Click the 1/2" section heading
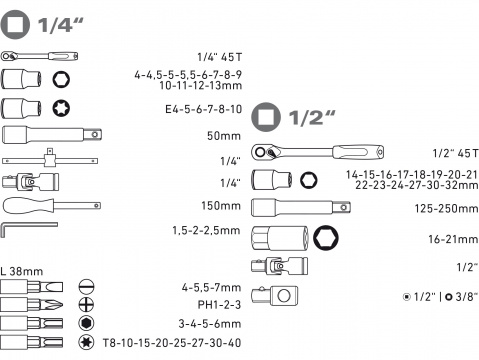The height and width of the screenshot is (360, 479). (290, 118)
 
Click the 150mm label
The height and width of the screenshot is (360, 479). (215, 205)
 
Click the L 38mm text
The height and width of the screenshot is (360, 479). (22, 268)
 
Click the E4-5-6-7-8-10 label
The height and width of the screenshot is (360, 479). (194, 109)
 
